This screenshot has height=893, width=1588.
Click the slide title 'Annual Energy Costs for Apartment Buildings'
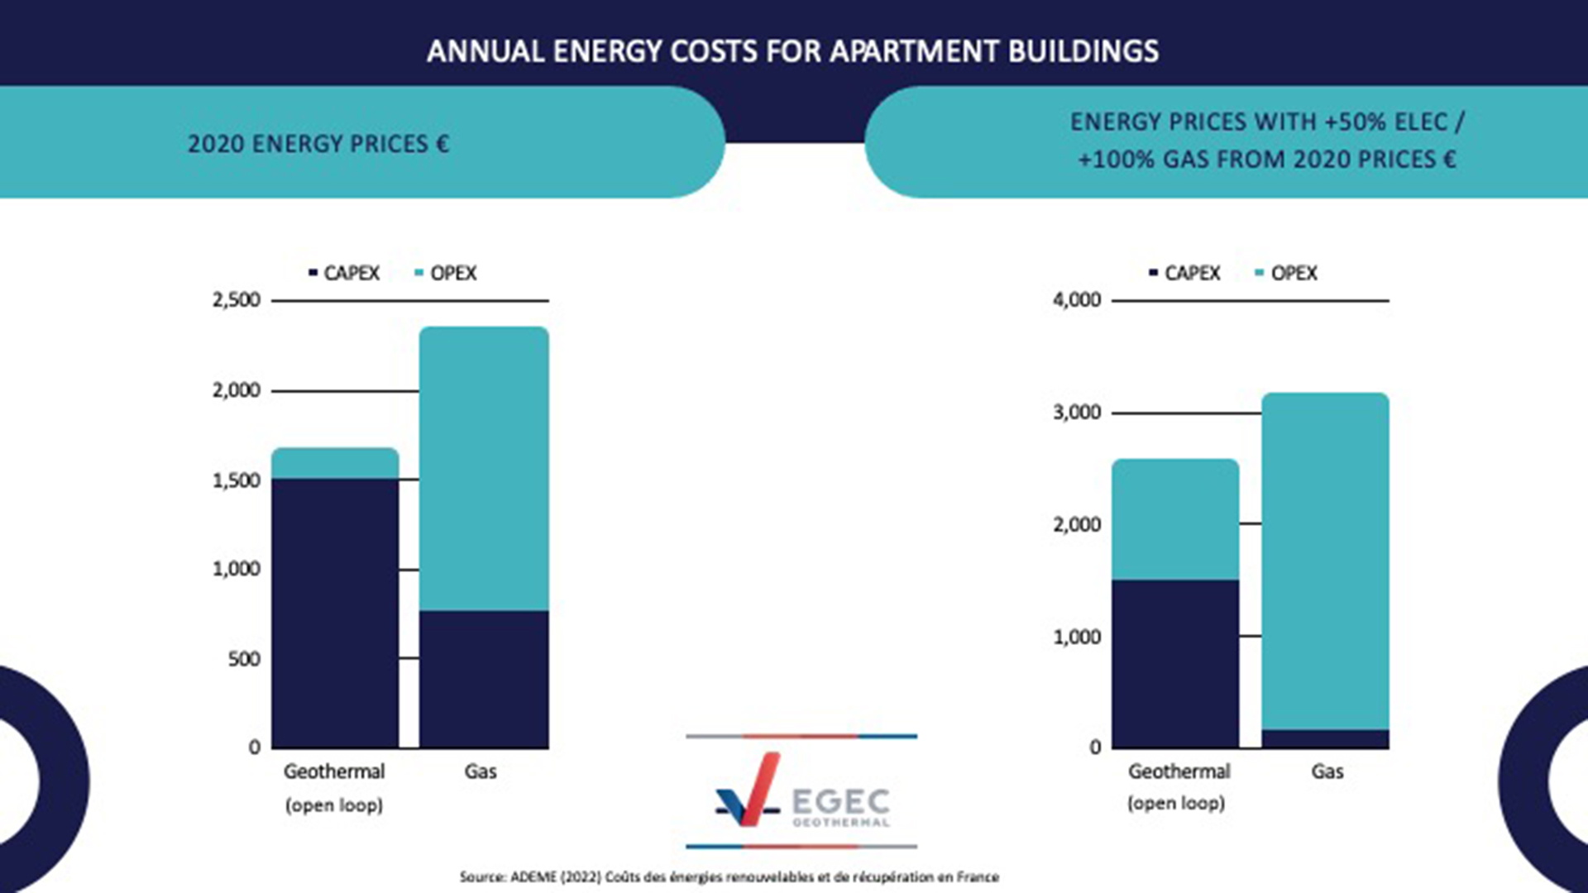click(x=792, y=51)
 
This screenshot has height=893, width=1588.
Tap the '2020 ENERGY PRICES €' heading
click(x=318, y=144)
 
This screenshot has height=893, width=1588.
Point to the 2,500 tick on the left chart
click(x=236, y=299)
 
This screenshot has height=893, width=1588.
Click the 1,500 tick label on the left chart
click(x=236, y=480)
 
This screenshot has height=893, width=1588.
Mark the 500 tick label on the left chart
click(x=244, y=659)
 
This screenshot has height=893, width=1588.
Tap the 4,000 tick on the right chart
click(x=1076, y=299)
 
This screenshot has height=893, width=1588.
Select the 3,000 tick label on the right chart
click(x=1076, y=412)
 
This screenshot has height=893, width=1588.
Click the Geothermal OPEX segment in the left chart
click(x=335, y=463)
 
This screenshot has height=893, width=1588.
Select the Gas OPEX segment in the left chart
click(x=484, y=468)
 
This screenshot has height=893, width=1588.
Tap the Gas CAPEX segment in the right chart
click(x=1325, y=739)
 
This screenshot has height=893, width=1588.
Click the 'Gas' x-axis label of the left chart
click(x=481, y=771)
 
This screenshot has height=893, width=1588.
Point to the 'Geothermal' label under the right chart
click(x=1179, y=771)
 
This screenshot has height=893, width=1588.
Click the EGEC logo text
click(x=840, y=801)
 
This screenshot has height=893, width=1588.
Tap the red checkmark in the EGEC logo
click(x=758, y=790)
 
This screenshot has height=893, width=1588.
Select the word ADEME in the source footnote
click(x=533, y=876)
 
